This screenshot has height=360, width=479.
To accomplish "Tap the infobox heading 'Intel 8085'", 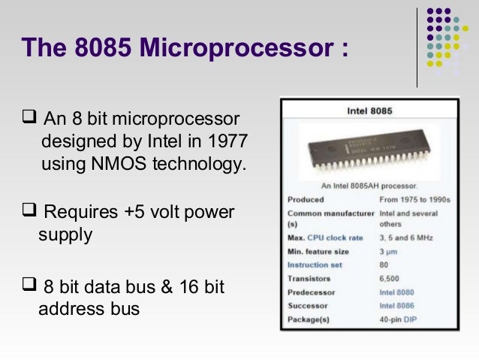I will click(x=369, y=110).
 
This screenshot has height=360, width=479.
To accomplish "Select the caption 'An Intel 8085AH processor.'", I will click(x=369, y=185).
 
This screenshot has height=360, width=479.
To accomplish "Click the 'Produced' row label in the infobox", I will click(x=306, y=200).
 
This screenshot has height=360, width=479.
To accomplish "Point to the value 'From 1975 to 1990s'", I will click(x=415, y=200).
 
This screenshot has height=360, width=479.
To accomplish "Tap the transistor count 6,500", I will click(x=390, y=279).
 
